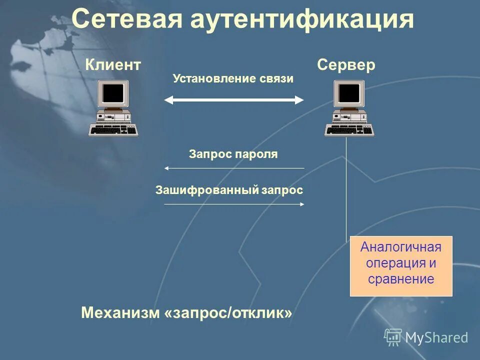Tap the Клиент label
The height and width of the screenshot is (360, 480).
pos(113,65)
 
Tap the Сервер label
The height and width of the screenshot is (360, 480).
pos(346,65)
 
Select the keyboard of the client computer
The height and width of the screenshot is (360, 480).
pos(113,130)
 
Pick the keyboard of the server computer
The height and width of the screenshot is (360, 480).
pos(349,130)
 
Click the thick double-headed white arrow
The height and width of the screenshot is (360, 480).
pos(234,100)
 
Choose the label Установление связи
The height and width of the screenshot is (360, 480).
pos(233,79)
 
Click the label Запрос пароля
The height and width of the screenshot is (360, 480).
pos(233,154)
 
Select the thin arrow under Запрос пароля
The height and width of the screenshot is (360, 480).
pos(234,168)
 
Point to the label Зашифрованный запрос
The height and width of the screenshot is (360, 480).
pos(229,190)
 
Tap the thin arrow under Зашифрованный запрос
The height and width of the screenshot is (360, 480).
pos(234,204)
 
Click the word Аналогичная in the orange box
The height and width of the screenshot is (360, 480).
pos(401,247)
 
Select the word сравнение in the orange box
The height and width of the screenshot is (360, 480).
pos(401,279)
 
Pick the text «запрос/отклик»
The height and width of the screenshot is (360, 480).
pos(228,313)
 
